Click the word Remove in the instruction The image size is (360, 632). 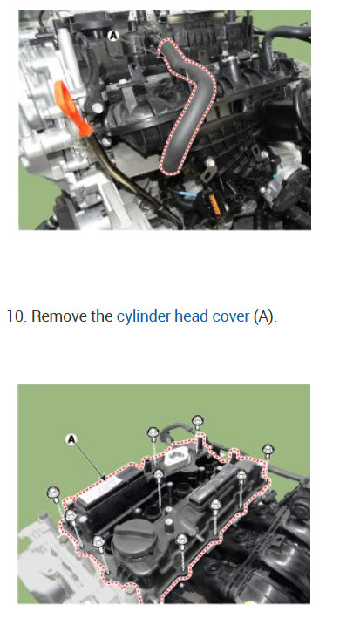click(59, 316)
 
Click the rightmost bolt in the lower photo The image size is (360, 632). click(268, 450)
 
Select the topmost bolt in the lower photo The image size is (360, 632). click(198, 422)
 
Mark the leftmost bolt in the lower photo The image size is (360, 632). click(53, 494)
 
